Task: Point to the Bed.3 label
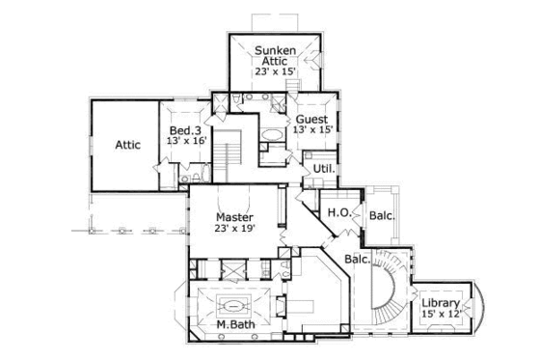pos(185,130)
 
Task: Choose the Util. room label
pos(325,168)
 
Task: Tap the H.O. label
pos(337,212)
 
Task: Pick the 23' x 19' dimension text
pos(234,229)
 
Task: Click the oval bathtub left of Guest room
pos(273,134)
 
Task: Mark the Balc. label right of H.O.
pos(381,215)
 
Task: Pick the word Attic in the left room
pos(128,145)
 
